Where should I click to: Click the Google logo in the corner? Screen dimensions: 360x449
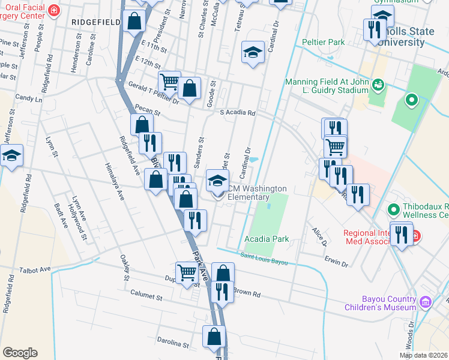[x=20, y=353]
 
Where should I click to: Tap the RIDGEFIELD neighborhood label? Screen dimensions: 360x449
[x=95, y=21]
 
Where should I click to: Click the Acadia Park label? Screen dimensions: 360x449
[x=267, y=239]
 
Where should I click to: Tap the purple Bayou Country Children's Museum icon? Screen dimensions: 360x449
[x=426, y=301]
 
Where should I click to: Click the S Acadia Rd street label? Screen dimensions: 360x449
[x=237, y=112]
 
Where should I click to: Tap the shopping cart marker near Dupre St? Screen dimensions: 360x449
[x=187, y=272]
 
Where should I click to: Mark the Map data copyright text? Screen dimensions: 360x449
[x=423, y=355]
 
